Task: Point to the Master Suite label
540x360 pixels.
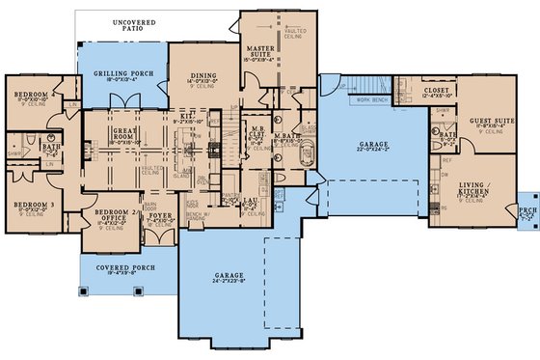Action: point(260,49)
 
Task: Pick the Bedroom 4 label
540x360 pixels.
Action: point(36,94)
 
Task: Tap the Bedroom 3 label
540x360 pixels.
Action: point(35,206)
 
